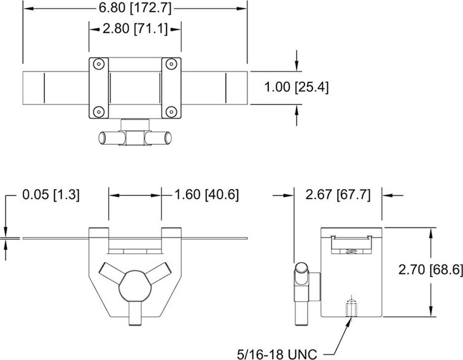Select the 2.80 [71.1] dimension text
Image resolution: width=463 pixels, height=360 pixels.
click(x=136, y=29)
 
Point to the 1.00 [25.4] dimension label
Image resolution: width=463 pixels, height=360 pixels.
click(x=297, y=87)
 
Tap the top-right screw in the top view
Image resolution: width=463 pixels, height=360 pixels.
click(x=172, y=63)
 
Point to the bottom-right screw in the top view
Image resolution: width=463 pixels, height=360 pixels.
click(x=172, y=111)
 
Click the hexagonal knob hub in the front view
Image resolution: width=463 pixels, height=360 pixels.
click(x=135, y=287)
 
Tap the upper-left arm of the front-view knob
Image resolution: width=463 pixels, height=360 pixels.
click(x=111, y=272)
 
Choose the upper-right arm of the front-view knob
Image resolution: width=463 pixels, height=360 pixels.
click(x=160, y=272)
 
